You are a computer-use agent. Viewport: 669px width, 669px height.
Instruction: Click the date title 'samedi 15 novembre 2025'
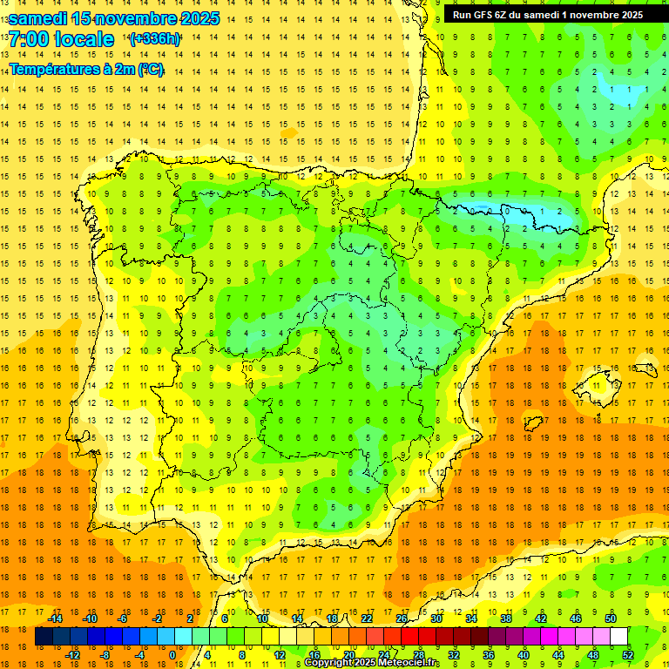coord(114,18)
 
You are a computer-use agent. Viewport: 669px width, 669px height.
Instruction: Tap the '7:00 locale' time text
coord(61,39)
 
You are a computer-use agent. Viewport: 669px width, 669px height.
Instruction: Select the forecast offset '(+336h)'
coord(155,38)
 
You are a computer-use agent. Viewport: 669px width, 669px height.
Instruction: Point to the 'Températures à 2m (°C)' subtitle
coord(86,69)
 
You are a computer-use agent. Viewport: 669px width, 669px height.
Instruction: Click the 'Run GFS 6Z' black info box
coord(547,14)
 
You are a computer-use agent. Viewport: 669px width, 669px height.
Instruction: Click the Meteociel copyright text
coord(372,663)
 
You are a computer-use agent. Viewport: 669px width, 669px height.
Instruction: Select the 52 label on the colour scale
coord(628,654)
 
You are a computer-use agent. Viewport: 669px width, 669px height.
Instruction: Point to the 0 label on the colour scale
coord(172,654)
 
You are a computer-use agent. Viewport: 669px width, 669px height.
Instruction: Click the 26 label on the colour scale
coord(402,618)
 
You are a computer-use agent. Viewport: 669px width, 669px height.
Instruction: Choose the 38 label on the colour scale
coord(506,618)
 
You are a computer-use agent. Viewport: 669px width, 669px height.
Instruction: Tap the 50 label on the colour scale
coord(611,618)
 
